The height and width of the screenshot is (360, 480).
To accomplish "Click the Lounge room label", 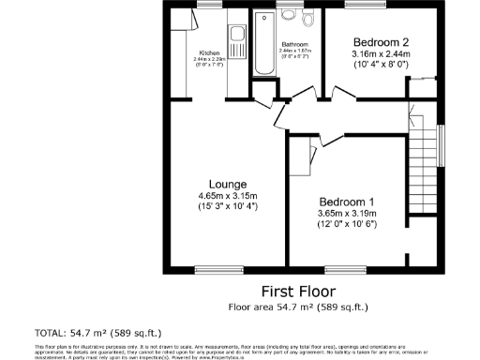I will tap(228, 183).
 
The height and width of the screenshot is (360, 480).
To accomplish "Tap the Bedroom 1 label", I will tap(347, 202).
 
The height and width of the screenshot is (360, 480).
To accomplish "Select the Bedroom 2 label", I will tap(381, 42).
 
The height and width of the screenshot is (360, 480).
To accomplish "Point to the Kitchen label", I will tap(208, 52).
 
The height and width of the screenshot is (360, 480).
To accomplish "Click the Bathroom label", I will tap(294, 44).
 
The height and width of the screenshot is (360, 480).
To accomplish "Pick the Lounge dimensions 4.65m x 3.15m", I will tap(228, 195).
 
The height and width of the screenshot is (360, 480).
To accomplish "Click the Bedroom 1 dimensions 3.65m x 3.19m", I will tap(347, 214).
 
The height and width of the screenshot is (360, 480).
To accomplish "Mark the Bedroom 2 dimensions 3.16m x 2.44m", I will tap(381, 54).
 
